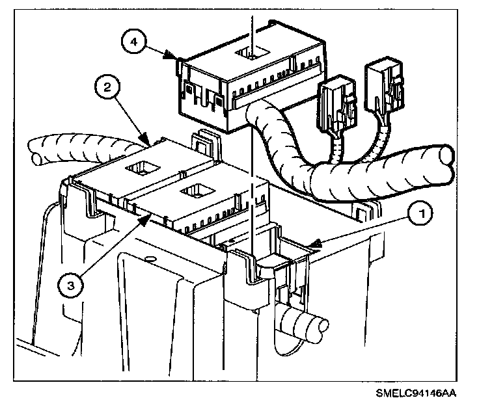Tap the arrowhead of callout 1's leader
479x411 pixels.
[311, 246]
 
